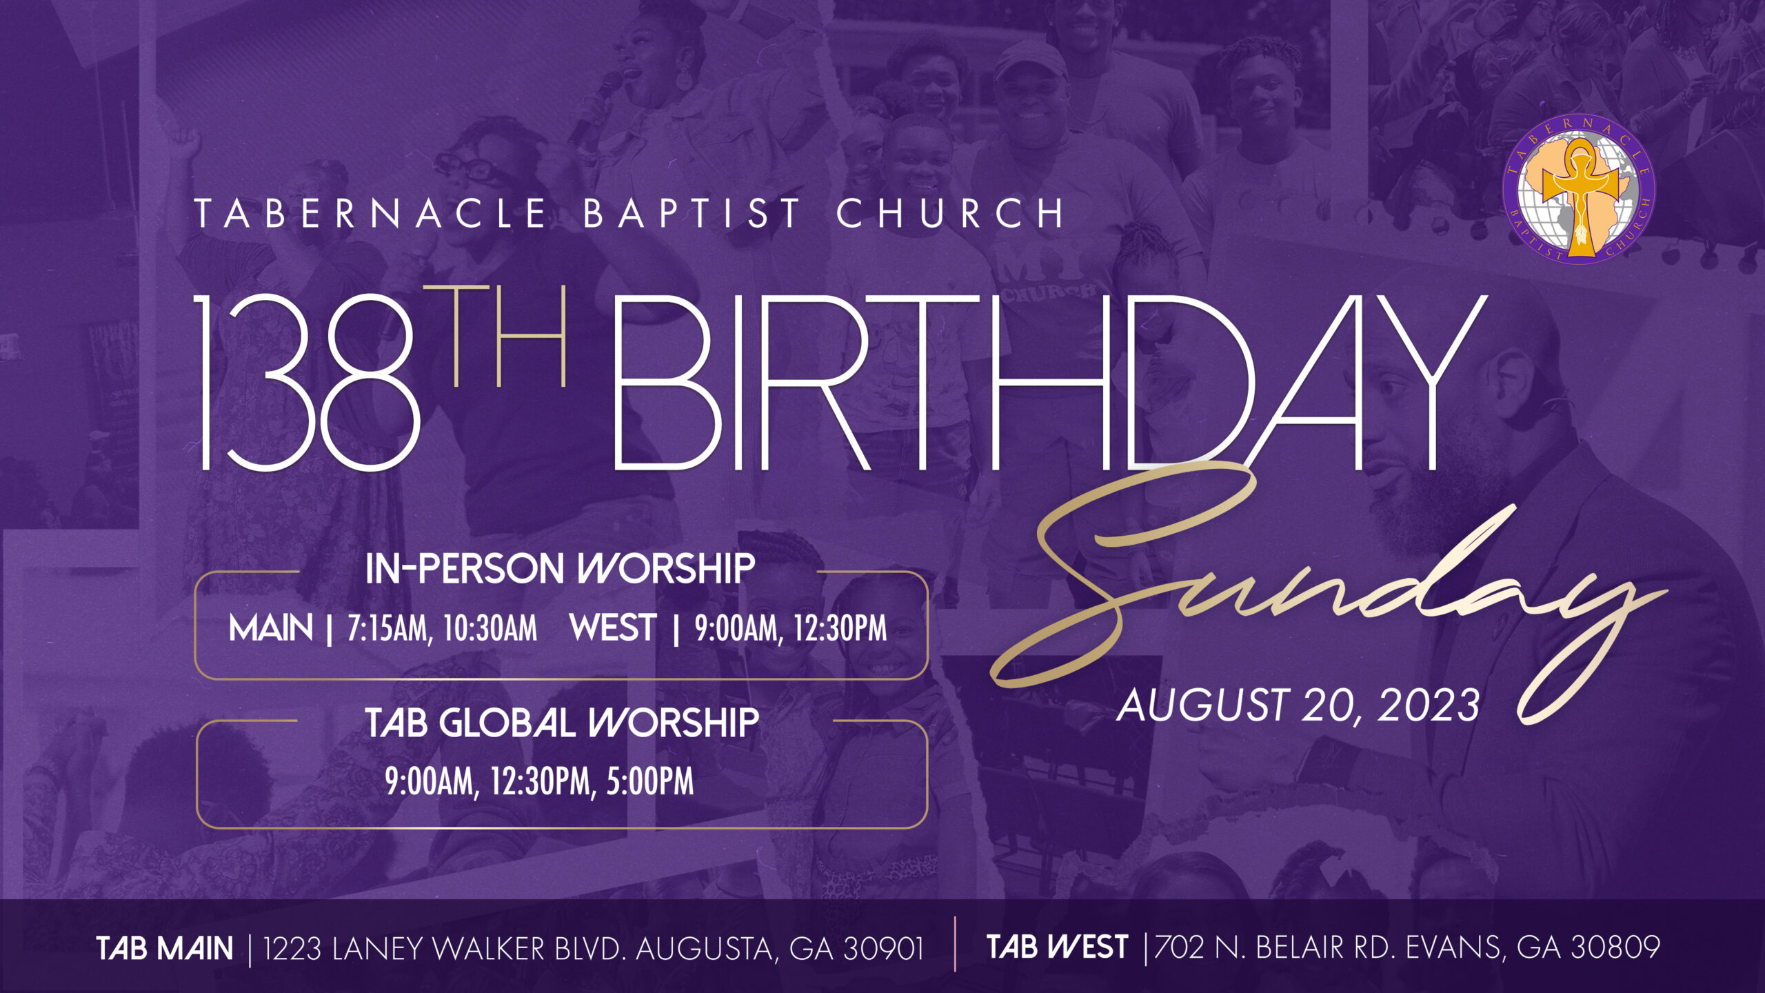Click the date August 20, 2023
pyautogui.click(x=1298, y=705)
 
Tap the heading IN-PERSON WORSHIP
pyautogui.click(x=560, y=569)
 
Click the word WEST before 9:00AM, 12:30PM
pyautogui.click(x=612, y=628)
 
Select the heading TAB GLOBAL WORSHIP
pyautogui.click(x=562, y=723)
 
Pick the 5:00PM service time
pyautogui.click(x=650, y=781)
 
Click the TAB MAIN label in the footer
pyautogui.click(x=165, y=949)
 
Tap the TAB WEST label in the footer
pyautogui.click(x=1058, y=947)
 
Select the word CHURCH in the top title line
pyautogui.click(x=951, y=213)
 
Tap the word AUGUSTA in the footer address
pyautogui.click(x=708, y=949)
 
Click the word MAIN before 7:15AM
pyautogui.click(x=271, y=628)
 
